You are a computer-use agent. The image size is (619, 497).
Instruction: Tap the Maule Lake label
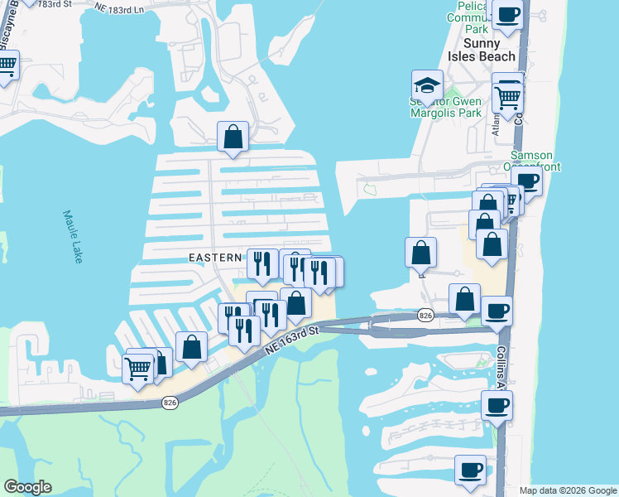pos(73,237)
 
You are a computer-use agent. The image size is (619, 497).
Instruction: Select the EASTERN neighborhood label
pos(215,258)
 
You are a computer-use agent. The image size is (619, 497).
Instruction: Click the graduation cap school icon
pos(427,85)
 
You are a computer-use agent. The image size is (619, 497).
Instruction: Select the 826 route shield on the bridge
pos(425,316)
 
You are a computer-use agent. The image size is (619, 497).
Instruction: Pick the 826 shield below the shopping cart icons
pos(169,403)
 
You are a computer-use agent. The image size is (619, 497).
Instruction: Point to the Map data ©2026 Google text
pos(568,490)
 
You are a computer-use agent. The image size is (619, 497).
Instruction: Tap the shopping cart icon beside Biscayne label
pos(7,65)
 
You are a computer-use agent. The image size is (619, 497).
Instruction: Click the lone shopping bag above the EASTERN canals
pos(233,137)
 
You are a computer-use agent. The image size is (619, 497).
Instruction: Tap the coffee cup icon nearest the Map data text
pos(470,469)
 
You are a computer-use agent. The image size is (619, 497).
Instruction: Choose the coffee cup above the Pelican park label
pos(507,13)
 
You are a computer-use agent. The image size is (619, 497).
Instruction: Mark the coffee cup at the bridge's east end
pos(497,311)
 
